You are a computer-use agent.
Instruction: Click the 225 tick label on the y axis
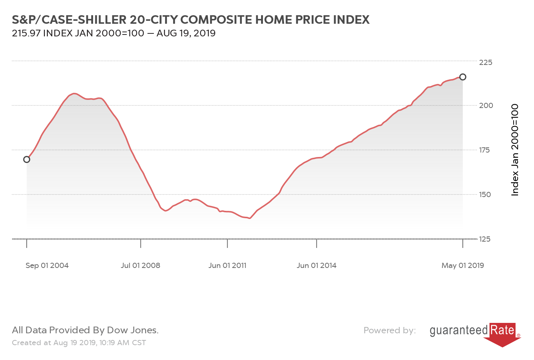point(485,62)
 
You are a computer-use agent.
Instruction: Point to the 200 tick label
point(486,105)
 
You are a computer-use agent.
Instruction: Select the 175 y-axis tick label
point(484,150)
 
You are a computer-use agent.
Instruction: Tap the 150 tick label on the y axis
point(484,194)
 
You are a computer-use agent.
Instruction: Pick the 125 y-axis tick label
point(484,239)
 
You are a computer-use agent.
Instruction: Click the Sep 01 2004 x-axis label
point(47,265)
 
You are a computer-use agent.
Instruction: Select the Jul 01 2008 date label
point(141,265)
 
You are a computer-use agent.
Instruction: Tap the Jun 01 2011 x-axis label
point(227,265)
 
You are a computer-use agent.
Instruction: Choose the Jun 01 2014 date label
point(316,265)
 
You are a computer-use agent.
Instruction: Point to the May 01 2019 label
point(462,265)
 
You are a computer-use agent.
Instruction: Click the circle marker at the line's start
point(27,160)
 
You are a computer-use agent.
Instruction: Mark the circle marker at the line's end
point(463,77)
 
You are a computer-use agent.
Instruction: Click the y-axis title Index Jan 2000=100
point(515,150)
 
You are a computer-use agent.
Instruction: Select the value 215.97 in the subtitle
point(26,33)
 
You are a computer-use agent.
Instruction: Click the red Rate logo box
point(502,330)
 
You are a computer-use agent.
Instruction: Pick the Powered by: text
point(389,330)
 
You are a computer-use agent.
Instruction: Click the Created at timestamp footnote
point(79,343)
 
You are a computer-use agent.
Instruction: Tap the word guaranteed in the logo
point(459,330)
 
